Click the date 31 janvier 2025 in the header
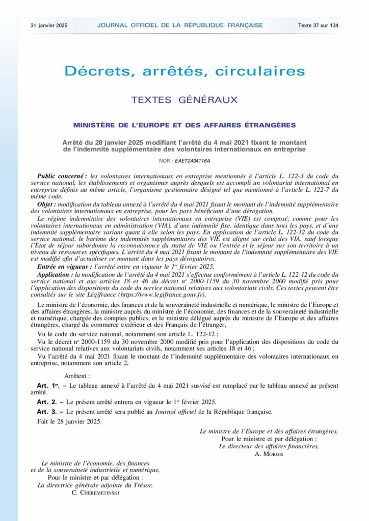click(x=49, y=25)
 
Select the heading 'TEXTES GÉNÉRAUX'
click(x=184, y=100)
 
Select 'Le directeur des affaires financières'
click(x=269, y=446)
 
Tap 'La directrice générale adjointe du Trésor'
click(x=95, y=485)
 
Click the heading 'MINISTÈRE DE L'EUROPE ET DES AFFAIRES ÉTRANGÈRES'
click(x=184, y=125)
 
